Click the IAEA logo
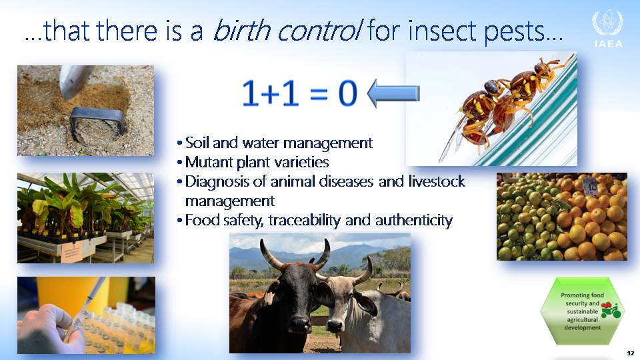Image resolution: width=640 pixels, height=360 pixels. (x=608, y=29)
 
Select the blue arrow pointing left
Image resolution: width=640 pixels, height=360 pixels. (x=393, y=94)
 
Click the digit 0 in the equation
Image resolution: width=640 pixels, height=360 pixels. (x=348, y=93)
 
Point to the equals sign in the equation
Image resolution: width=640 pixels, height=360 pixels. (x=319, y=95)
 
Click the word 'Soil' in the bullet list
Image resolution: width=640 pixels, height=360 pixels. (x=197, y=143)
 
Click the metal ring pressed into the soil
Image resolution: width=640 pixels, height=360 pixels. (x=97, y=125)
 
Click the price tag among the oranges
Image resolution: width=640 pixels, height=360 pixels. (x=589, y=186)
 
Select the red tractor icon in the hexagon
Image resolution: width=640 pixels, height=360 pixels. (x=610, y=311)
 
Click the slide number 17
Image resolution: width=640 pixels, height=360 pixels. (x=630, y=353)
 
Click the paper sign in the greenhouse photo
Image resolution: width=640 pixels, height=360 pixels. (x=72, y=252)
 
